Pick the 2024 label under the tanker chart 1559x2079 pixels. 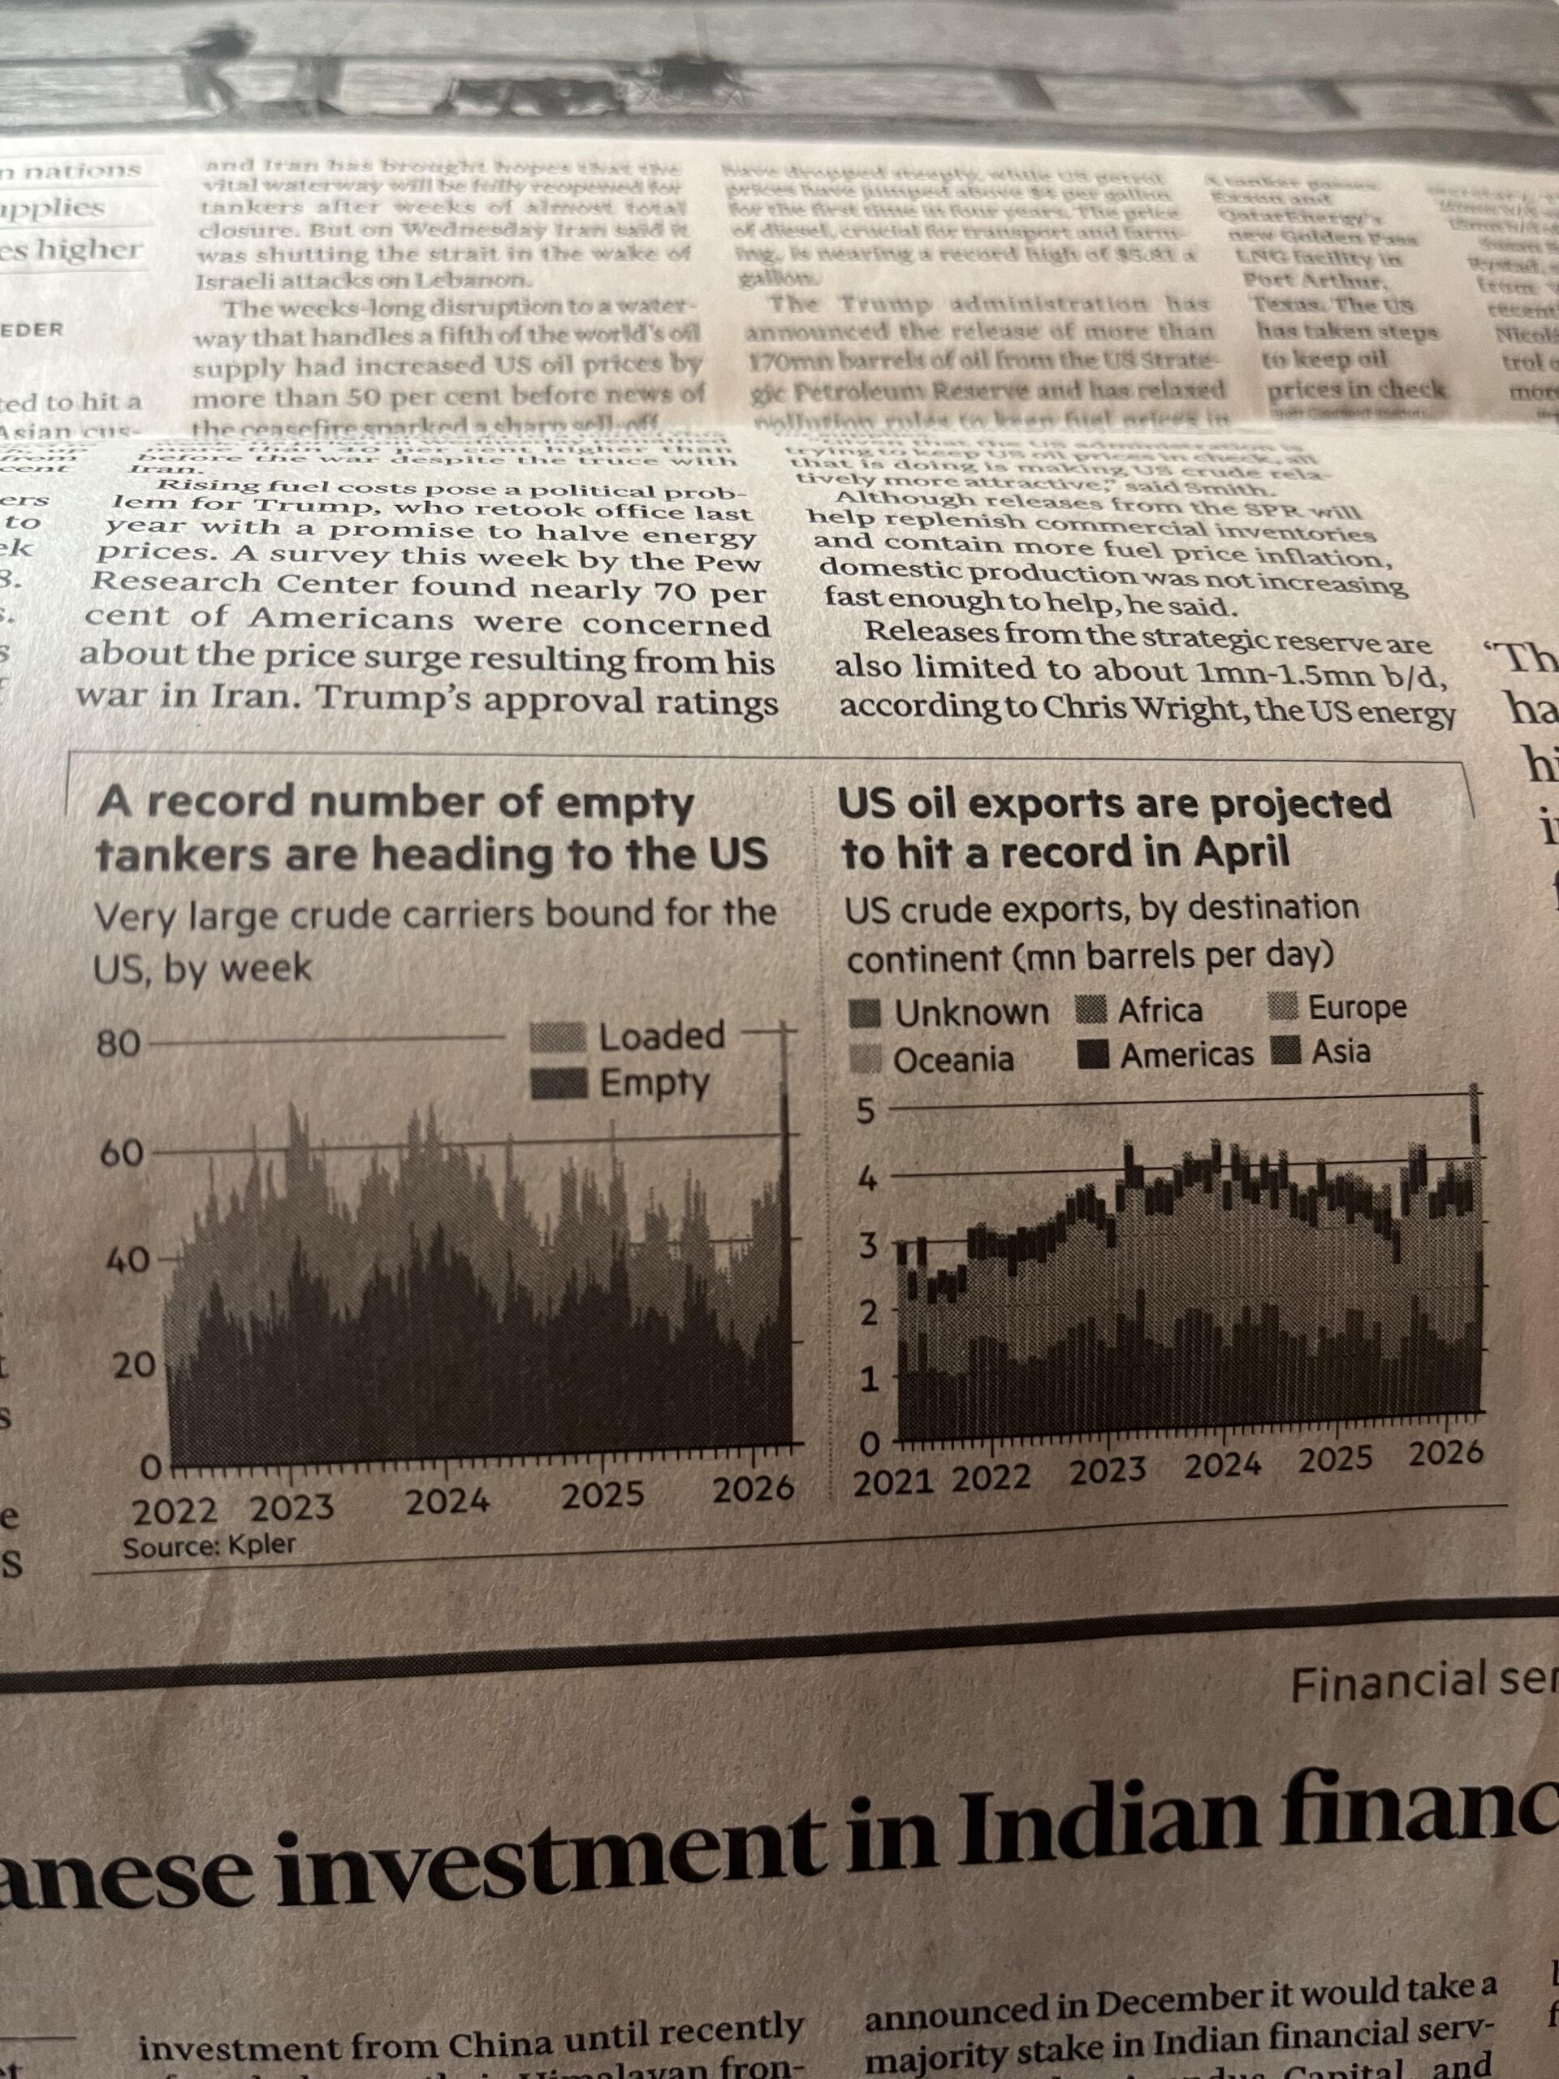(447, 1501)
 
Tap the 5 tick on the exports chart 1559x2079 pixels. (865, 1113)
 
